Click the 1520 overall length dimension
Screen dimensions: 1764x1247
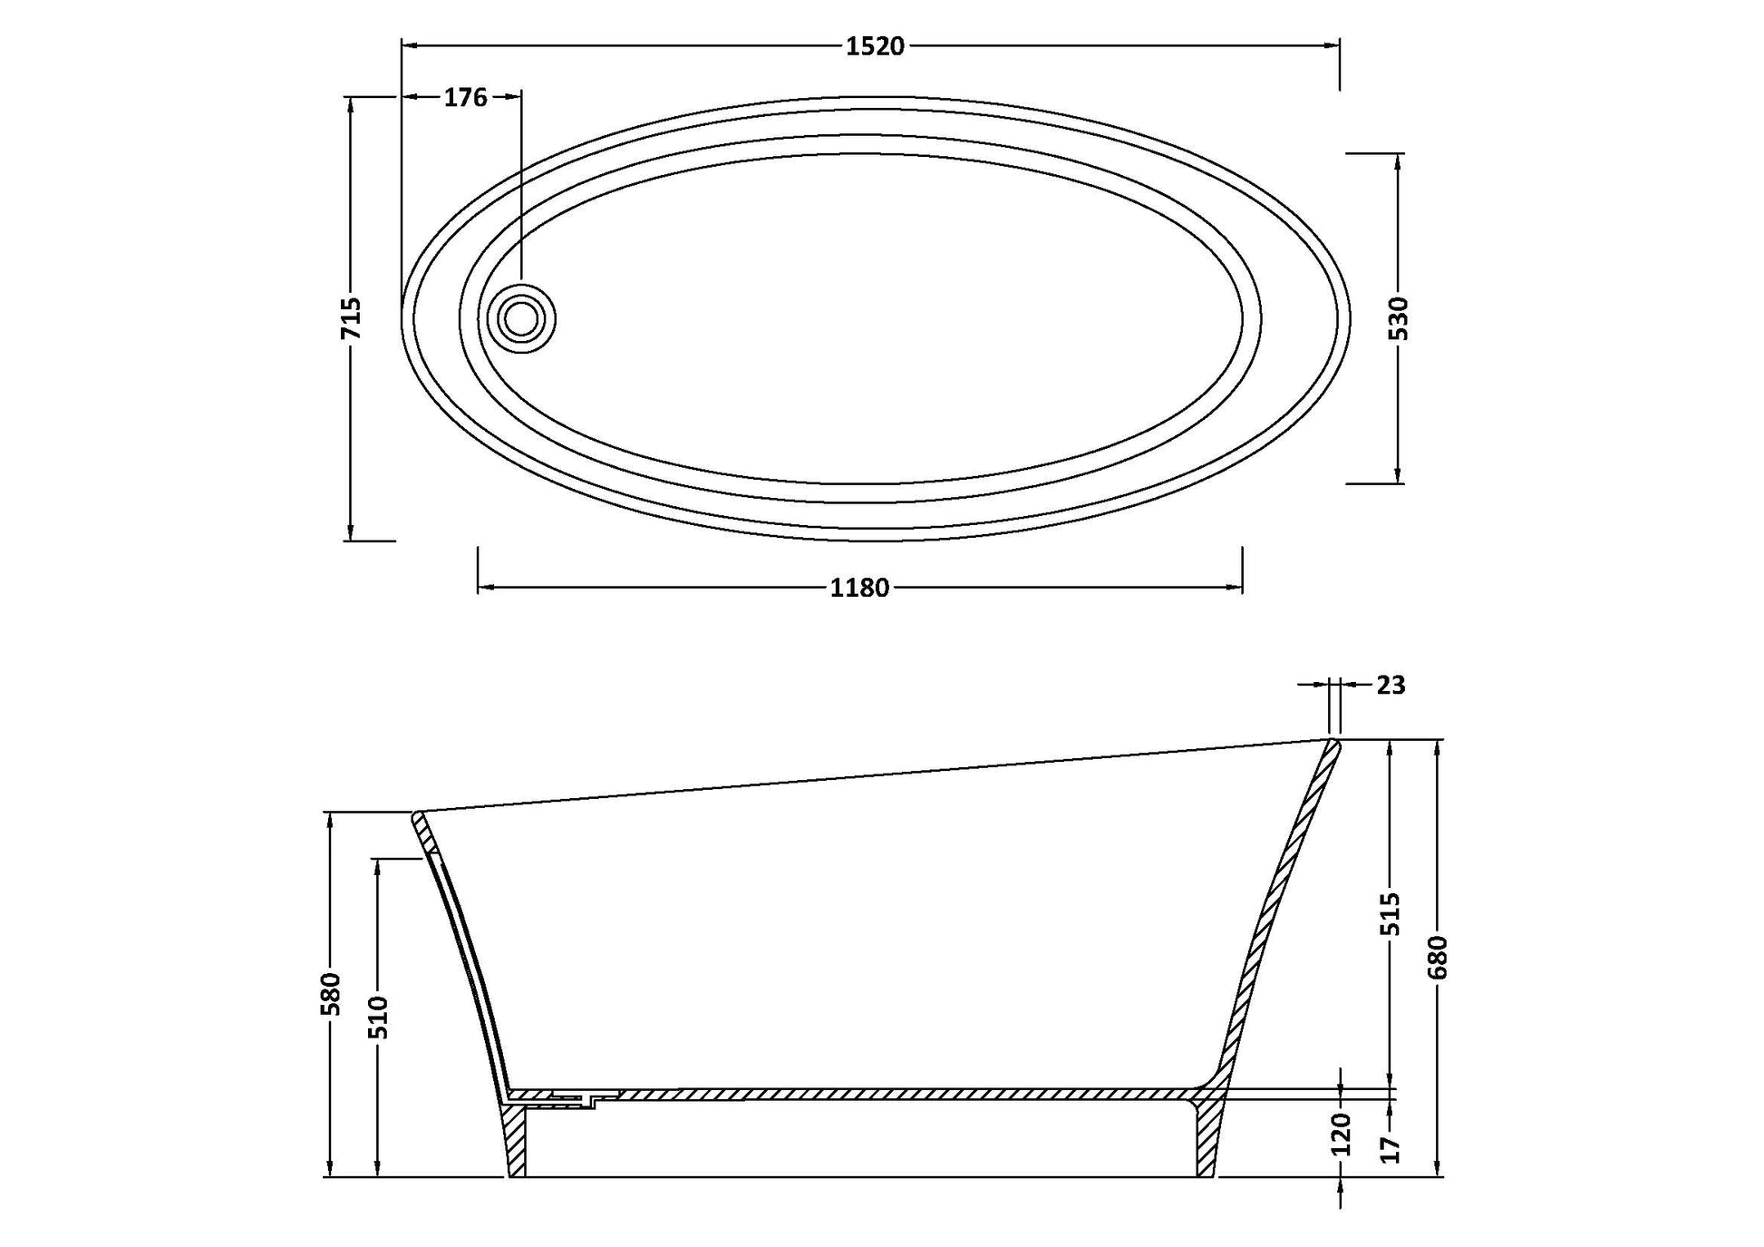tap(875, 46)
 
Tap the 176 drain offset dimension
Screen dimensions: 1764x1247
tap(465, 97)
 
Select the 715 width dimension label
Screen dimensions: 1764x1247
tap(351, 318)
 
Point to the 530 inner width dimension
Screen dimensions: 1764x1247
tap(1399, 318)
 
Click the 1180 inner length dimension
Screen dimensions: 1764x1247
tap(859, 589)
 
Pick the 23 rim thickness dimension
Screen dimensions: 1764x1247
tap(1391, 685)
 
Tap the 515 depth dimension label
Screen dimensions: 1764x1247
tap(1391, 914)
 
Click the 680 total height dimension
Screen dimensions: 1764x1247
tap(1438, 958)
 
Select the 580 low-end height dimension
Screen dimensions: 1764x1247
tap(332, 994)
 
